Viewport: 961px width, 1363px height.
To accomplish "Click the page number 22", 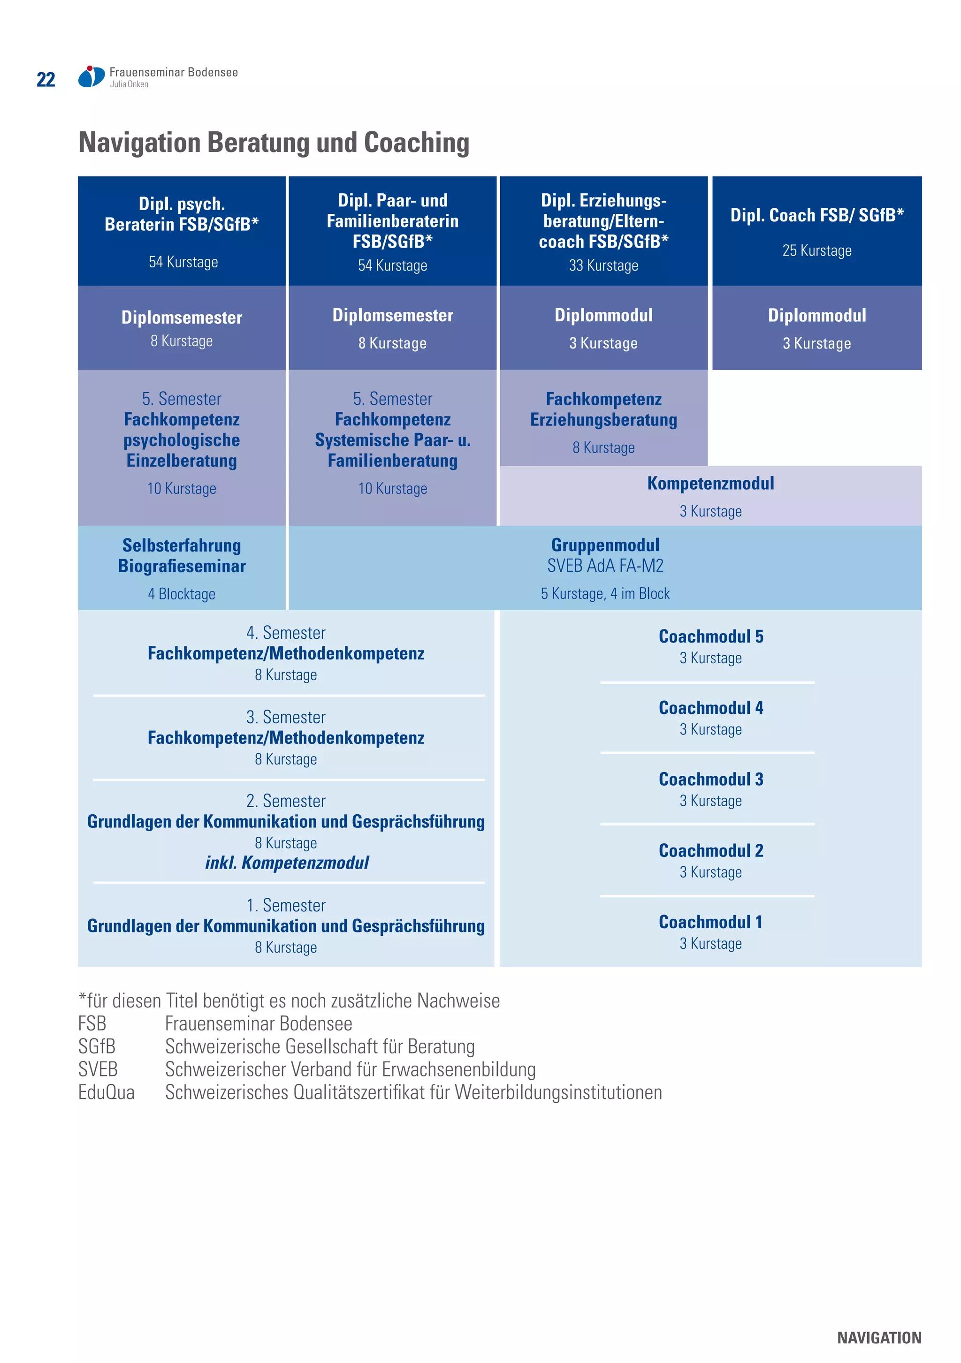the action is click(46, 80).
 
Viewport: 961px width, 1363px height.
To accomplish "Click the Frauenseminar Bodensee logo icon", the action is click(91, 76).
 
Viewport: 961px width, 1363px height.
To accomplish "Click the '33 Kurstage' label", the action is click(603, 265).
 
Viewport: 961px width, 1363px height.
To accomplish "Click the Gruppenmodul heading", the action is click(605, 545).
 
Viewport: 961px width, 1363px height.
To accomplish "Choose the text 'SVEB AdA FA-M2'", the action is click(605, 566).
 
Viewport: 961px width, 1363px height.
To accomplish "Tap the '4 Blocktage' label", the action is click(181, 594).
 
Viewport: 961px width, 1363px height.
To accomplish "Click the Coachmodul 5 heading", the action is click(710, 636).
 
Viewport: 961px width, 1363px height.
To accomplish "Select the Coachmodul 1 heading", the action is click(710, 922).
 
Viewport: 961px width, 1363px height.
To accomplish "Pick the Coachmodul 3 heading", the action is click(710, 779).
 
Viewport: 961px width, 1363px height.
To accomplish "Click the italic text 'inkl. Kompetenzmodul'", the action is click(286, 863).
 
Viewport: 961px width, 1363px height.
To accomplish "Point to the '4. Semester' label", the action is click(286, 633).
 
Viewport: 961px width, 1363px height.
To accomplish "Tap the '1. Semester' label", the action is click(286, 905).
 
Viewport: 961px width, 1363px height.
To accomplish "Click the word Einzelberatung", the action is click(181, 461).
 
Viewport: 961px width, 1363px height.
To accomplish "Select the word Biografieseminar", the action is click(181, 566).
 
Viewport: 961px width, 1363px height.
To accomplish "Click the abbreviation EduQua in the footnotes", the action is click(107, 1092).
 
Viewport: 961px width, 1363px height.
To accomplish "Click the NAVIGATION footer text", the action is click(878, 1338).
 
